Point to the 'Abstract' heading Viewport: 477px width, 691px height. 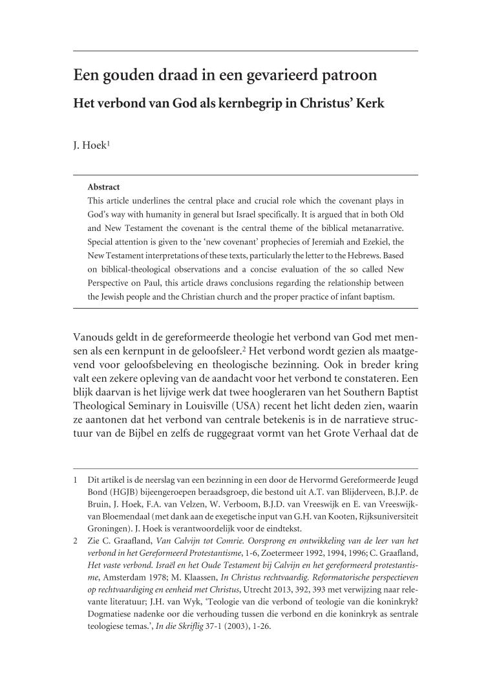[x=103, y=188]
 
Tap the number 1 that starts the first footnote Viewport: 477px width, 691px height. [x=76, y=481]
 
